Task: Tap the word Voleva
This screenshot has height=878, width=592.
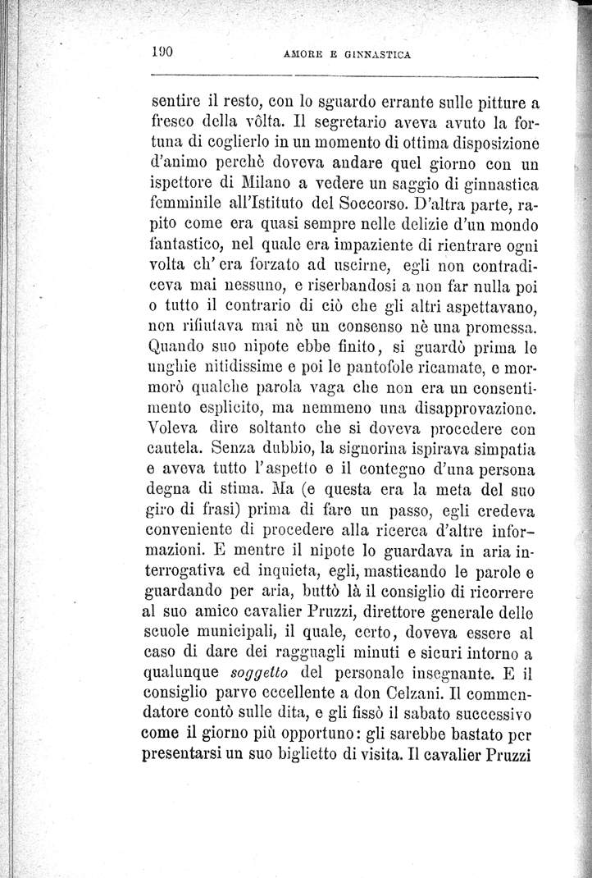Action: pyautogui.click(x=180, y=428)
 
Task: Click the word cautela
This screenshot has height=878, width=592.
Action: pyautogui.click(x=177, y=450)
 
